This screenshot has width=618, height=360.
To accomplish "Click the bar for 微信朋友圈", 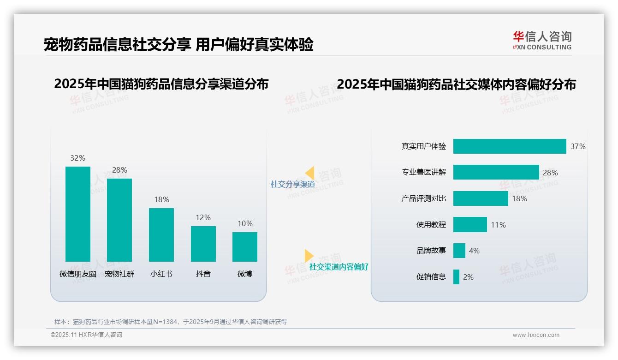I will pos(78,214).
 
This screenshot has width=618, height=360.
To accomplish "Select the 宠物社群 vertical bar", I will pos(119,220).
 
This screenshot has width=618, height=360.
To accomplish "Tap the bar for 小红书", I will pos(161,235).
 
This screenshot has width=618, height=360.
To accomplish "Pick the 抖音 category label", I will pos(203,274).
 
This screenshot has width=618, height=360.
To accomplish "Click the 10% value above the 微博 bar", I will pos(245,224).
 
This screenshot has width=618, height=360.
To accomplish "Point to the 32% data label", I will pos(77,158).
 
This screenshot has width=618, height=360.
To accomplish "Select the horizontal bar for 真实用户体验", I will pos(510,146).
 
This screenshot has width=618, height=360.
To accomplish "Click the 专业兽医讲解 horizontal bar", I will pos(496,172).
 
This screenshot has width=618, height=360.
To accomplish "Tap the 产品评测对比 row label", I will pos(423,198).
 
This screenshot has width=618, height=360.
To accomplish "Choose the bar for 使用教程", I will pos(470,225).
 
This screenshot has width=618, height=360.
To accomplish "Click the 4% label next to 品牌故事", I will pos(474,251).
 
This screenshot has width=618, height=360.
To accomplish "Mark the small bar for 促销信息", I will pos(456,277).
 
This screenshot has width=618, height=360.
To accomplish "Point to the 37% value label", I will pos(578,146).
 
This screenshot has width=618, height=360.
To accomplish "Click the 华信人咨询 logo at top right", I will pos(542,40).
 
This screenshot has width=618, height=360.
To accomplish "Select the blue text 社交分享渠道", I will pos(292,184).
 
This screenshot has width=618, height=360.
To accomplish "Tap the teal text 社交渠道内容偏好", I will pos(339,267).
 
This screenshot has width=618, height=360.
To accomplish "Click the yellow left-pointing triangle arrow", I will pos(310,173).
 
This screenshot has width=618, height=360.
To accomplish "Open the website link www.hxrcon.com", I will pos(536,335).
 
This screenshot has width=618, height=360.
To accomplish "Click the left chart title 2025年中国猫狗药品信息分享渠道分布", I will pos(161,84).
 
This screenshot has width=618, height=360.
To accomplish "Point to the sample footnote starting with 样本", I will pos(171,322).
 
